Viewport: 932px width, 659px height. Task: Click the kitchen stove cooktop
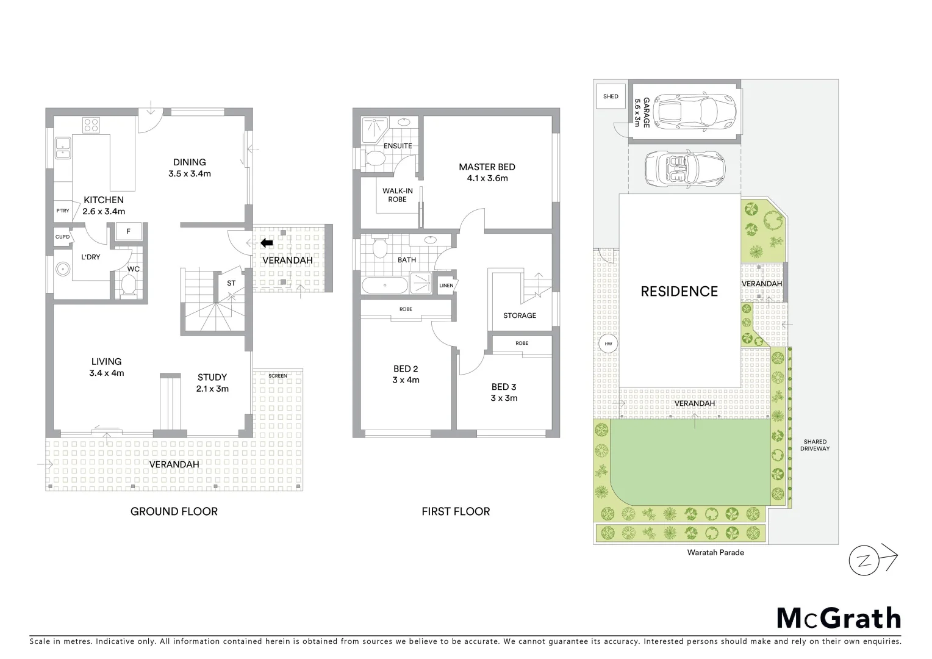click(91, 125)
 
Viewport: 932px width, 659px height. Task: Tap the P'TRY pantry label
click(62, 211)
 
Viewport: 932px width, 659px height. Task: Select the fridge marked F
click(128, 231)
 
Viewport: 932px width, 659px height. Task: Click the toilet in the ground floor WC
click(129, 286)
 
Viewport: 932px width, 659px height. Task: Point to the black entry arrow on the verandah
click(267, 243)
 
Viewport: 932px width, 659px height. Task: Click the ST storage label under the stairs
click(231, 283)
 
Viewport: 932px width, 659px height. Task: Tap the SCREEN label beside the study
click(278, 376)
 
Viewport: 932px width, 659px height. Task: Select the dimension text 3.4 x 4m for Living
click(107, 373)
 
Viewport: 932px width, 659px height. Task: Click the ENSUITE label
click(398, 146)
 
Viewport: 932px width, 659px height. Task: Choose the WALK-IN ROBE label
click(398, 195)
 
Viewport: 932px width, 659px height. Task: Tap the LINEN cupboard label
click(446, 285)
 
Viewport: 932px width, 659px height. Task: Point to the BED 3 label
click(504, 387)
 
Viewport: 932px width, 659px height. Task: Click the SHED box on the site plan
click(611, 96)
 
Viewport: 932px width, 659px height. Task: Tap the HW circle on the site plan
click(608, 345)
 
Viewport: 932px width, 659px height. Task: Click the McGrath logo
click(839, 618)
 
